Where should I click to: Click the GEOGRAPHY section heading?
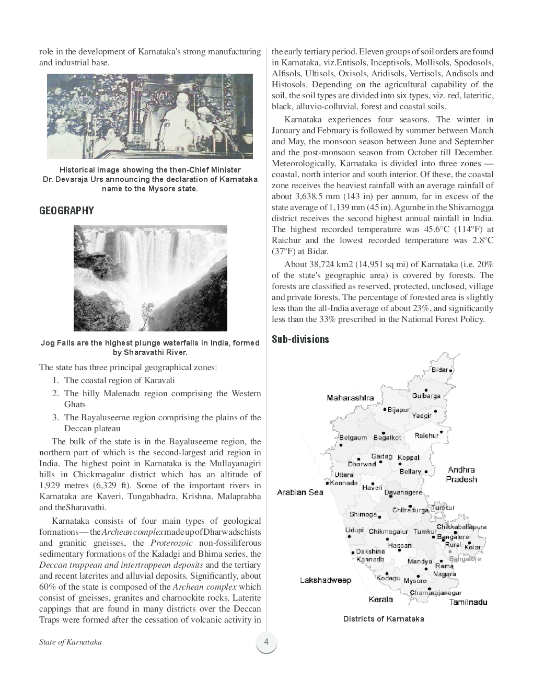point(66,211)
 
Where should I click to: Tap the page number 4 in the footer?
point(266,642)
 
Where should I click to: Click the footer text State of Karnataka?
point(70,642)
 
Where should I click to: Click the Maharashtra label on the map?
point(350,398)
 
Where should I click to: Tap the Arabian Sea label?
point(300,492)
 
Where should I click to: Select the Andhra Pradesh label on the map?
point(461,475)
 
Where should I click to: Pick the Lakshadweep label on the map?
point(326,580)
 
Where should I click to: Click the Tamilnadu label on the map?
point(468,602)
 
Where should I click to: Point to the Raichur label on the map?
point(426,435)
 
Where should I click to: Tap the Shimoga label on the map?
point(363,514)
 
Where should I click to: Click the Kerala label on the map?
point(380,599)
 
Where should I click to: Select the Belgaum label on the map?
point(353,438)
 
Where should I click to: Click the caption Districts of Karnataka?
point(383,619)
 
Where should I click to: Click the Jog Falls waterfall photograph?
point(150,278)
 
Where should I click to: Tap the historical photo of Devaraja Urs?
point(150,116)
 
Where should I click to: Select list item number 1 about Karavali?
point(119,381)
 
